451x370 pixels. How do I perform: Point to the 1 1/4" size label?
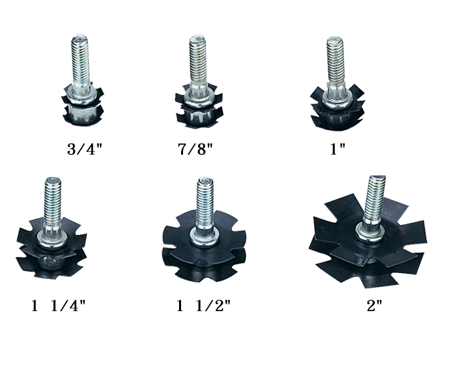(58, 306)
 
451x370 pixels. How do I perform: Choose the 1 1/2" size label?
(203, 306)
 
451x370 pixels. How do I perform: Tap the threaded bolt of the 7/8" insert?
(198, 60)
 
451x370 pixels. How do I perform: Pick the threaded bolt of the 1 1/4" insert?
(52, 201)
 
